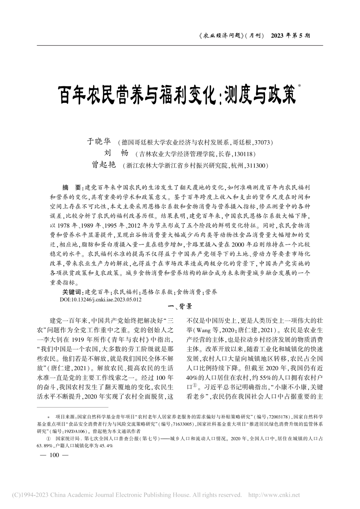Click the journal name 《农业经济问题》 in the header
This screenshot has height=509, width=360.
(222, 35)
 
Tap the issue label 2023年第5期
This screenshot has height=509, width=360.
(291, 35)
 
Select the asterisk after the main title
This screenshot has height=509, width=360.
(299, 87)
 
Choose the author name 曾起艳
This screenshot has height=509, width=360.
(104, 165)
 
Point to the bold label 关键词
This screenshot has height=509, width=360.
(73, 292)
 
